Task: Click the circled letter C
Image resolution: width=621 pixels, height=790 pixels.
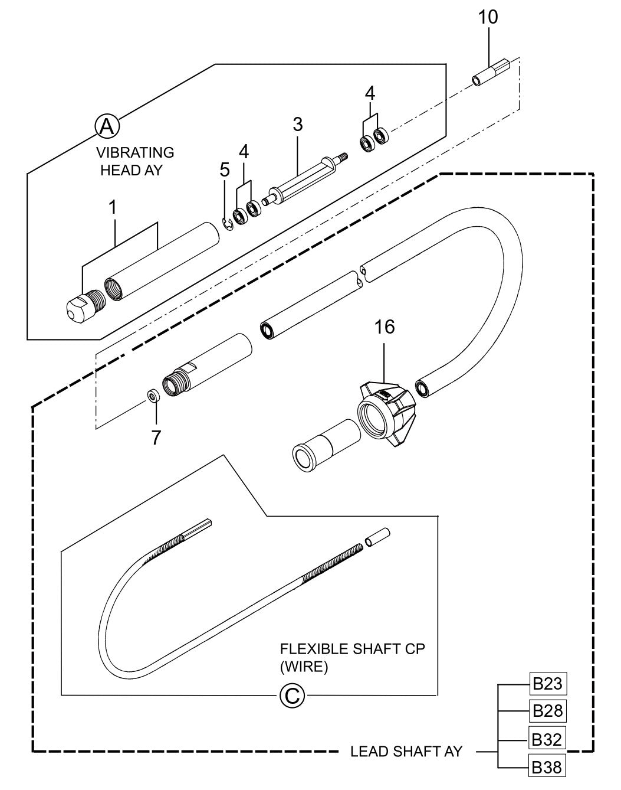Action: (291, 696)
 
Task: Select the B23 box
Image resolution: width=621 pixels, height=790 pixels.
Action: (547, 684)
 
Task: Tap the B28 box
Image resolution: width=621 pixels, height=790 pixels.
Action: (547, 710)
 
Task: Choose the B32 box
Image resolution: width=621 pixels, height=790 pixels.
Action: (547, 739)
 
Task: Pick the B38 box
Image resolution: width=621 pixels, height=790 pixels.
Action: (547, 766)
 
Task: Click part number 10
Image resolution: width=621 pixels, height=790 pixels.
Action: (488, 17)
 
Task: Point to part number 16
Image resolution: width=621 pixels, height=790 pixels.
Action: (385, 327)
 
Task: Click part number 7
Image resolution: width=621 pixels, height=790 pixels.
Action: (156, 438)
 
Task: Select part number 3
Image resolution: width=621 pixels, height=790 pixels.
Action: (297, 124)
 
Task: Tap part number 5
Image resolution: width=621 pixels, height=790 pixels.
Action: (224, 170)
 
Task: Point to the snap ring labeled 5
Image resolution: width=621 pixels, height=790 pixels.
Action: (228, 223)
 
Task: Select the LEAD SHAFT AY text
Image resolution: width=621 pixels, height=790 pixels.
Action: (406, 752)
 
